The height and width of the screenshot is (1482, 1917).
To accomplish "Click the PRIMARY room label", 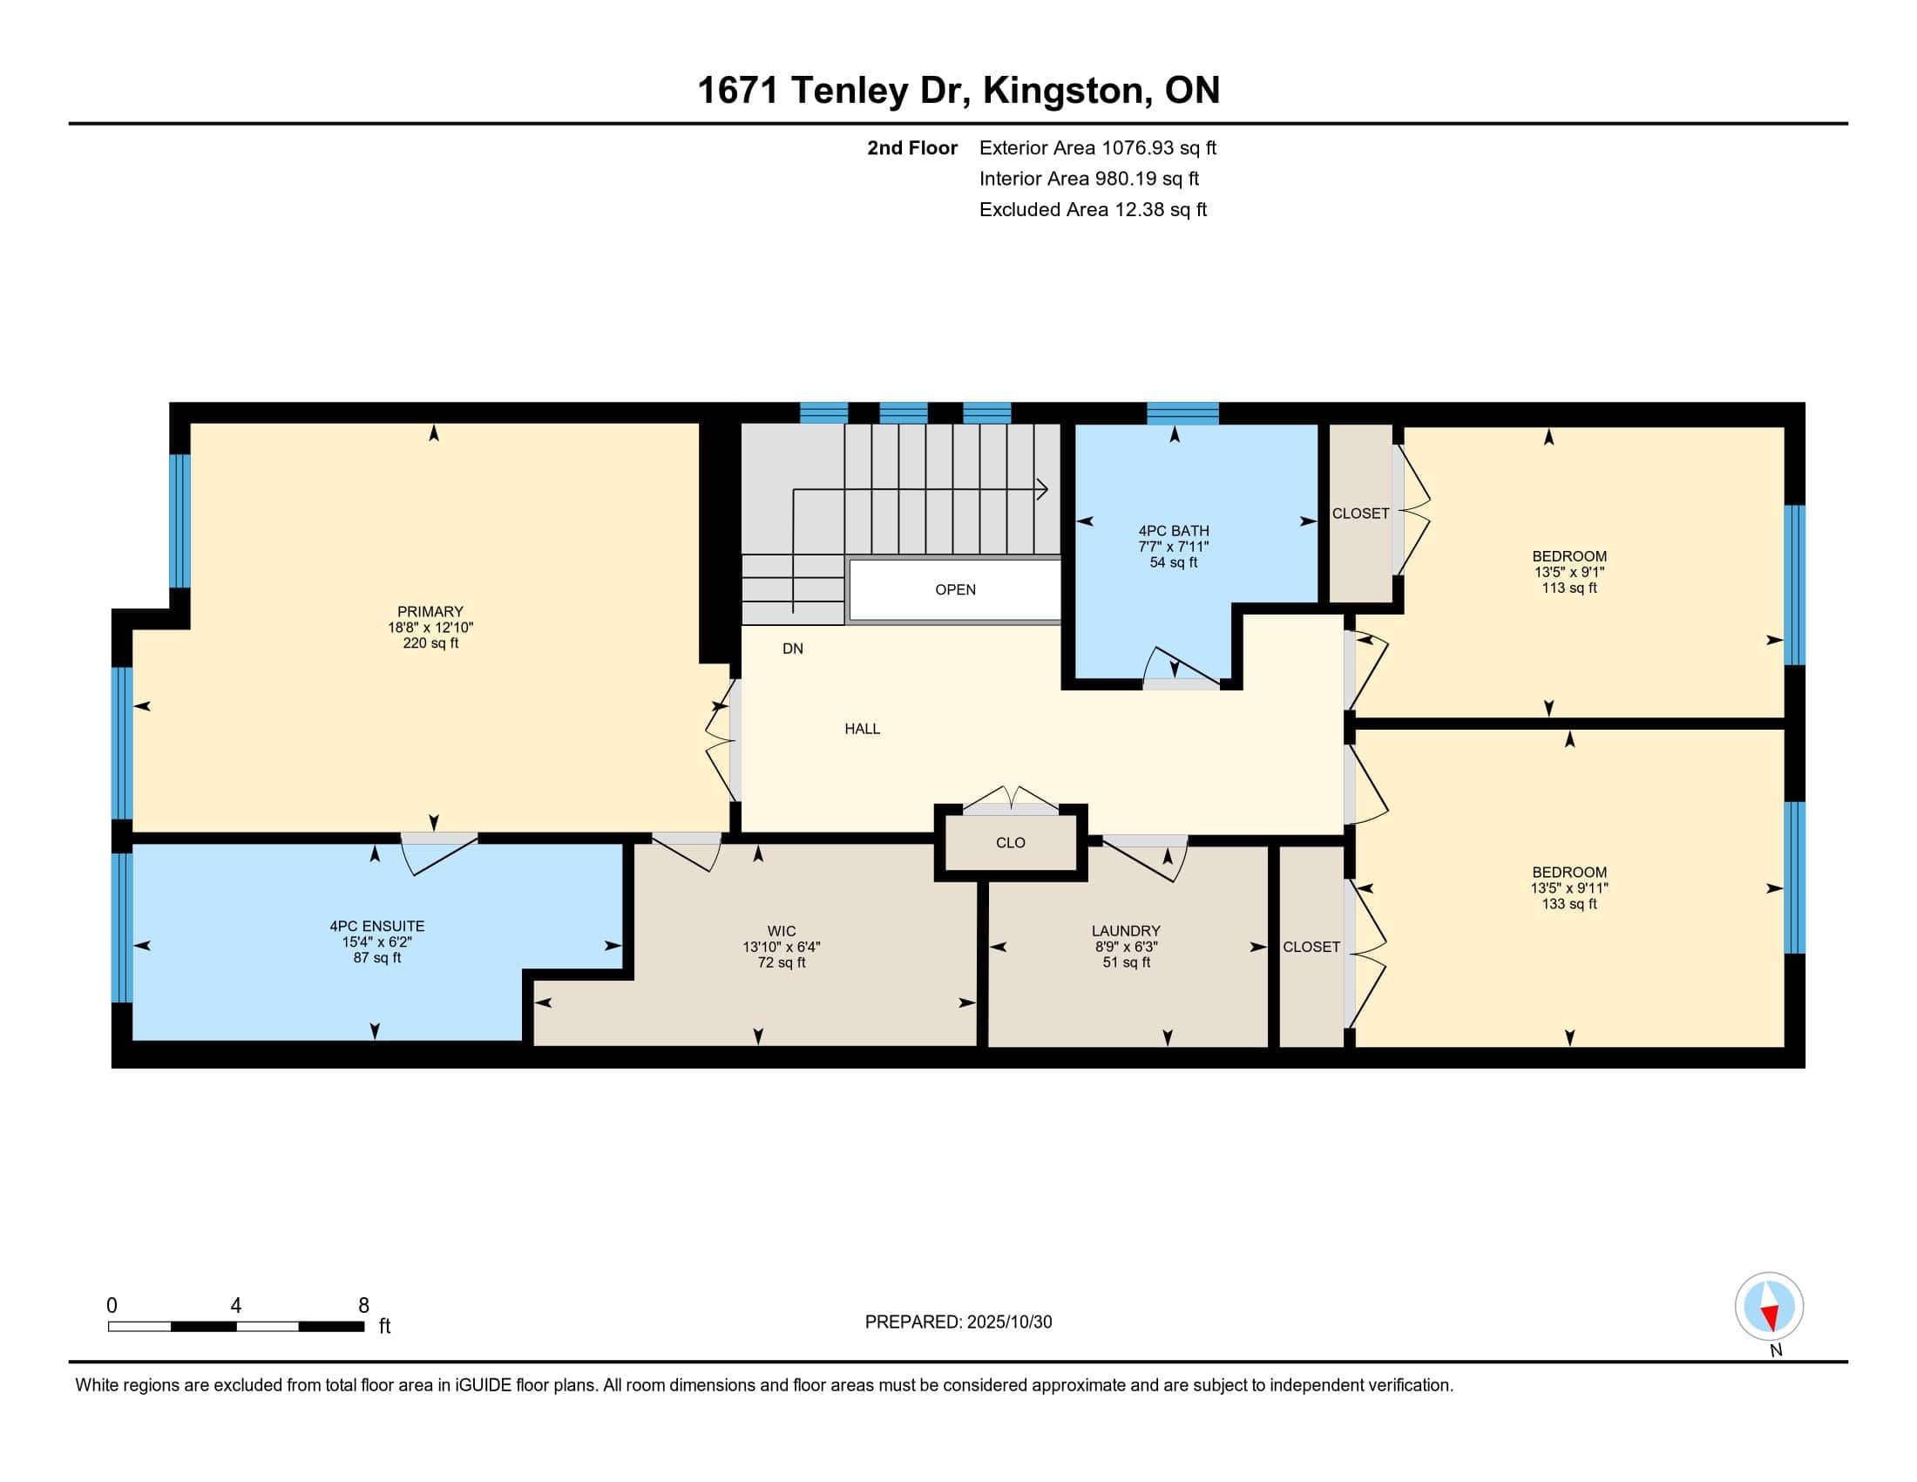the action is point(430,611).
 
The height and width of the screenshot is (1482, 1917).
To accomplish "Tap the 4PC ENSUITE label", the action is point(376,925).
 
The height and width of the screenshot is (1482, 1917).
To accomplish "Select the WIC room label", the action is point(782,931).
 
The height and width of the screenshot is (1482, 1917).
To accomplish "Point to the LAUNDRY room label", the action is point(1126,931).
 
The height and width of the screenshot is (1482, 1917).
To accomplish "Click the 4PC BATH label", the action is point(1174,530).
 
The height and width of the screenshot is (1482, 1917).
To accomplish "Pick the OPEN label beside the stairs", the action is point(955,589).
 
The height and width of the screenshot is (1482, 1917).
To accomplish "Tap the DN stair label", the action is point(793,649).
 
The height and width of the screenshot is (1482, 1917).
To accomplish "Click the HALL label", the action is point(862,729).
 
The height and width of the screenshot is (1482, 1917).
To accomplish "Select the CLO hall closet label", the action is point(1010,843).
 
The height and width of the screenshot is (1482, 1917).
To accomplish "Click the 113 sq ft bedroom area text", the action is point(1569,588).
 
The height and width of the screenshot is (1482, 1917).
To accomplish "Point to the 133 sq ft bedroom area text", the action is point(1569,903).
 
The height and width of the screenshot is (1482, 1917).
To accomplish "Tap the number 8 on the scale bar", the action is point(363,1306).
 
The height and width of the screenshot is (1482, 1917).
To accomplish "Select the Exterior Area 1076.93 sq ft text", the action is point(1098,147).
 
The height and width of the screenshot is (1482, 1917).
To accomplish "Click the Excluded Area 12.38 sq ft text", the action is point(1093,210).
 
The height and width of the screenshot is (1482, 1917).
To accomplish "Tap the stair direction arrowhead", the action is point(1043,489).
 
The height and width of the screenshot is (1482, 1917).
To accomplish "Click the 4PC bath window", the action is point(1182,412).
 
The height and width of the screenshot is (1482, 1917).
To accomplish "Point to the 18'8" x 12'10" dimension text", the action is point(430,628).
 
